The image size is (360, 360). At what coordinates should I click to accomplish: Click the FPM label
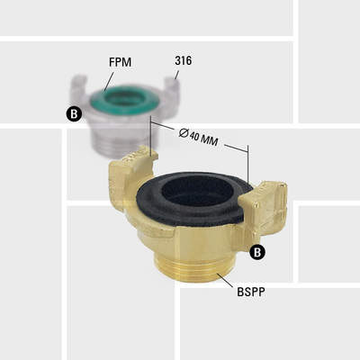120,64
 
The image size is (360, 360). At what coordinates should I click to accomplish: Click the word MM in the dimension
213,140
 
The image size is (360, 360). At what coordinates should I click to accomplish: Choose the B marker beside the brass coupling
258,252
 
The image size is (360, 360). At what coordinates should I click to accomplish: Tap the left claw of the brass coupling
125,167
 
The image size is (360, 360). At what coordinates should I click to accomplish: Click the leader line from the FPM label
112,80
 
